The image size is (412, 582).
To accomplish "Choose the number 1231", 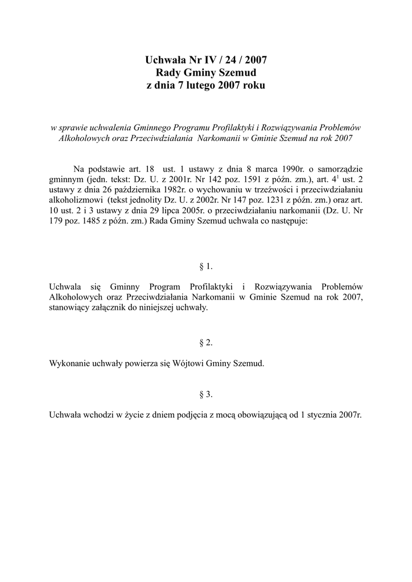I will pos(263,200).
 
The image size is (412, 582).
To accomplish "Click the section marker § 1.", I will pos(206,266).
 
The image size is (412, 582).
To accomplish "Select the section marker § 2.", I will pos(206,343).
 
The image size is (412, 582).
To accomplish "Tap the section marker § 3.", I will pos(206,394).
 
